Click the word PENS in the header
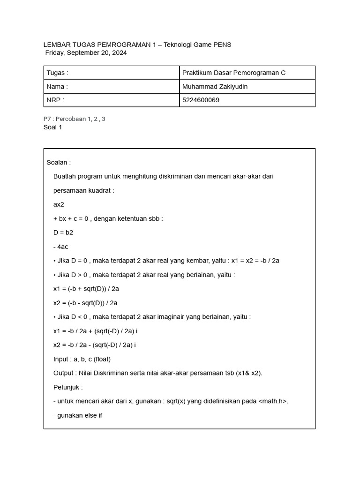(x=222, y=45)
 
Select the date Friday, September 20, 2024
(x=86, y=53)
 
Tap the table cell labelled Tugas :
(x=111, y=73)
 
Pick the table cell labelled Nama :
(x=111, y=87)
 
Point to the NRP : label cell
(x=111, y=100)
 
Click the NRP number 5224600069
(x=201, y=100)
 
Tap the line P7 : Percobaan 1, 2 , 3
(x=74, y=119)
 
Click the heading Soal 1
(x=52, y=127)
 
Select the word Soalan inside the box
(x=58, y=163)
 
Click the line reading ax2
(x=59, y=204)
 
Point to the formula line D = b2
(x=63, y=232)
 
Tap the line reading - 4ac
(x=61, y=247)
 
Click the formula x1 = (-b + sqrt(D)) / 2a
(x=86, y=289)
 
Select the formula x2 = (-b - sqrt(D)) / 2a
(x=85, y=303)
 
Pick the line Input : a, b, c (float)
(x=82, y=359)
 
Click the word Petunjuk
(x=67, y=387)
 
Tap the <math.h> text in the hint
(x=273, y=401)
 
